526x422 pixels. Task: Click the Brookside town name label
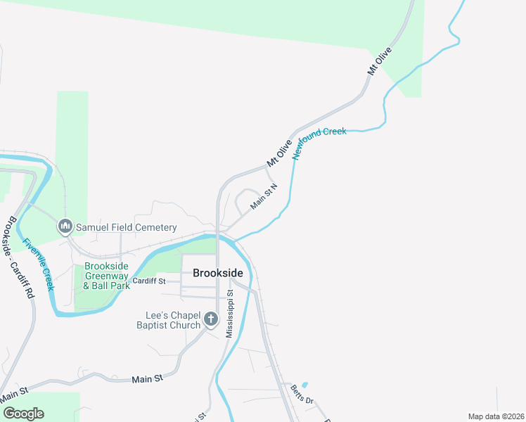tap(218, 273)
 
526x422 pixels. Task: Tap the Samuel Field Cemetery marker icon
tap(65, 226)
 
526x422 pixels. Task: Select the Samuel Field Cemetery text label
tap(126, 227)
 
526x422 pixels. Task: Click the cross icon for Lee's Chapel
tap(210, 320)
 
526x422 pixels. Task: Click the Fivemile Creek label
tap(38, 265)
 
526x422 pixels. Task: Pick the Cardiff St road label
tap(149, 281)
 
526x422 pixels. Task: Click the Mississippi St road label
tap(229, 312)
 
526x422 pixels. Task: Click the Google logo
tap(23, 414)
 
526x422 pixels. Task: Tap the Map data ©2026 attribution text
tap(496, 416)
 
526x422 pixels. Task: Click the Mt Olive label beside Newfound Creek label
tap(279, 153)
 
